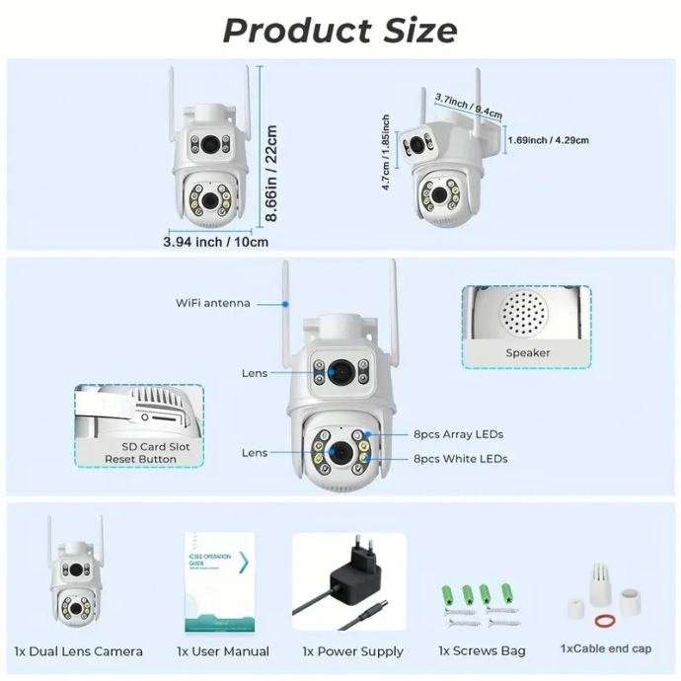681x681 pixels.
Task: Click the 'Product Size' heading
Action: point(340,30)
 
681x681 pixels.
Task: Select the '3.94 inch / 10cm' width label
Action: point(215,241)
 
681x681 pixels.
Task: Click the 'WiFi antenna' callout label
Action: point(212,303)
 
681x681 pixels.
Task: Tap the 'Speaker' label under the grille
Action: point(528,352)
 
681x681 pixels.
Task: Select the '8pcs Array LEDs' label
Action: point(459,434)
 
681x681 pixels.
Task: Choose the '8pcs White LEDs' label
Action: point(461,459)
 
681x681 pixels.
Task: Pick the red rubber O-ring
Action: point(603,622)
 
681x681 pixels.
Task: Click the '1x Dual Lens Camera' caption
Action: point(78,651)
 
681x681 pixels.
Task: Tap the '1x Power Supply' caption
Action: point(352,651)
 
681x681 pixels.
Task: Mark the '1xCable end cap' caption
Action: point(605,648)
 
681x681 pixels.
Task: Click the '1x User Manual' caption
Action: point(223,651)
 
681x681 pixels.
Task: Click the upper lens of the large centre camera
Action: point(340,371)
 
